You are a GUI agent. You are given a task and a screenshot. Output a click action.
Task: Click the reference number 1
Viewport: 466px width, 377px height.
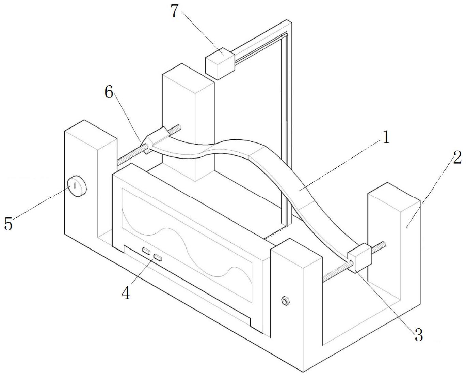click(386, 138)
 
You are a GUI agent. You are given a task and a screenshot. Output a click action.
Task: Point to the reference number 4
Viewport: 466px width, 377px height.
click(126, 293)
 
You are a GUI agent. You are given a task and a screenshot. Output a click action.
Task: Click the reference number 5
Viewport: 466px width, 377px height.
click(8, 224)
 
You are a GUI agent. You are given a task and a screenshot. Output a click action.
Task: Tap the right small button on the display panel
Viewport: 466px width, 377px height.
click(158, 257)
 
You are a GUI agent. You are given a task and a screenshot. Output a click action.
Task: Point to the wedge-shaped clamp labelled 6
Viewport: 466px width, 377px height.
click(155, 138)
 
